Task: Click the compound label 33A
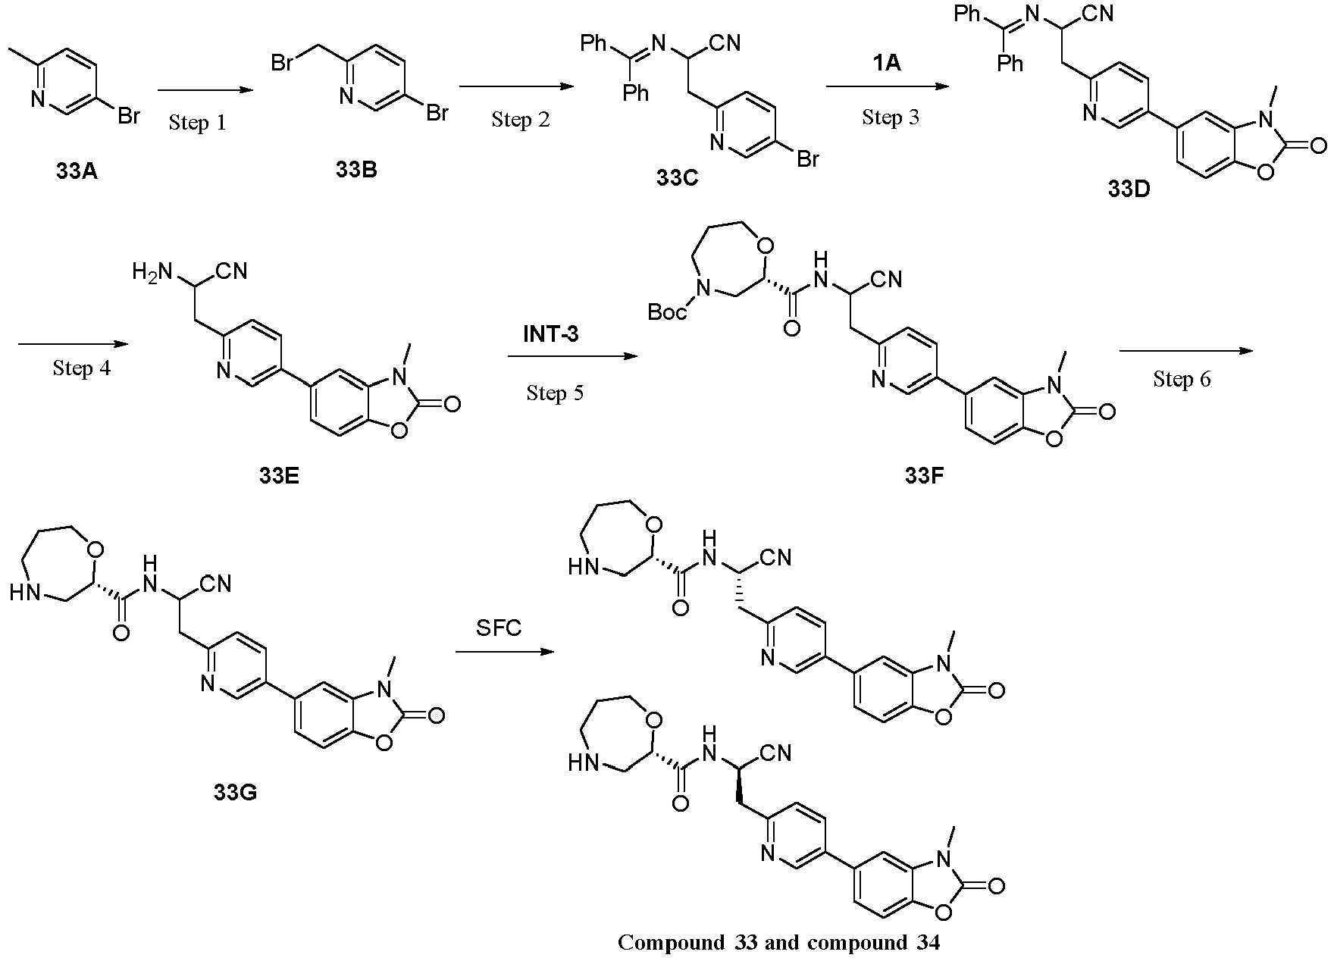click(77, 172)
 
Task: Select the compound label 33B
click(356, 169)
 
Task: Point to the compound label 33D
click(1129, 189)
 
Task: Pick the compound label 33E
click(279, 475)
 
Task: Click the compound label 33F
click(924, 475)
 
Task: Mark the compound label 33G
click(235, 793)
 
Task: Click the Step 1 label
click(197, 122)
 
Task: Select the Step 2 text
click(521, 119)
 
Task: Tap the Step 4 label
click(82, 368)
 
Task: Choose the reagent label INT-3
click(551, 333)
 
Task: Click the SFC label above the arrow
click(499, 628)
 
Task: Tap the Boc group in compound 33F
click(667, 312)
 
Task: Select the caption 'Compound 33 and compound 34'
click(778, 942)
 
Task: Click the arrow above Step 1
click(204, 90)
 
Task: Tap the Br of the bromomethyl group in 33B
click(283, 63)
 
